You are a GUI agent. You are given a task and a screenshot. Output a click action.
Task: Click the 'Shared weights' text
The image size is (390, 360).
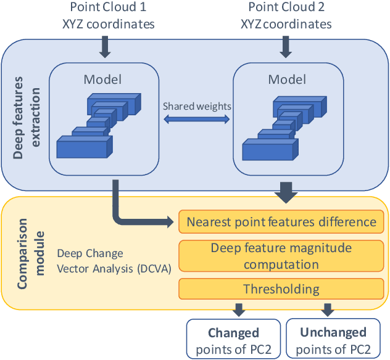[197, 106]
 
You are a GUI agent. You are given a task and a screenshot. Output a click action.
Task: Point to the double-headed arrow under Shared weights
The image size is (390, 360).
[197, 121]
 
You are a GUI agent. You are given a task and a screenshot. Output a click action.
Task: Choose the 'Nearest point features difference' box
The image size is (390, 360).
[281, 222]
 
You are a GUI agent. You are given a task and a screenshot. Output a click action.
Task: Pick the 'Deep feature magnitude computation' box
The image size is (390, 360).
[281, 256]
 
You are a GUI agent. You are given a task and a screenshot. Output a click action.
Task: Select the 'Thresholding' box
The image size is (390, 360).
[281, 288]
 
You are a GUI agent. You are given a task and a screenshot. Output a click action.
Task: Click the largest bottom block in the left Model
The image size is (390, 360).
[85, 147]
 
